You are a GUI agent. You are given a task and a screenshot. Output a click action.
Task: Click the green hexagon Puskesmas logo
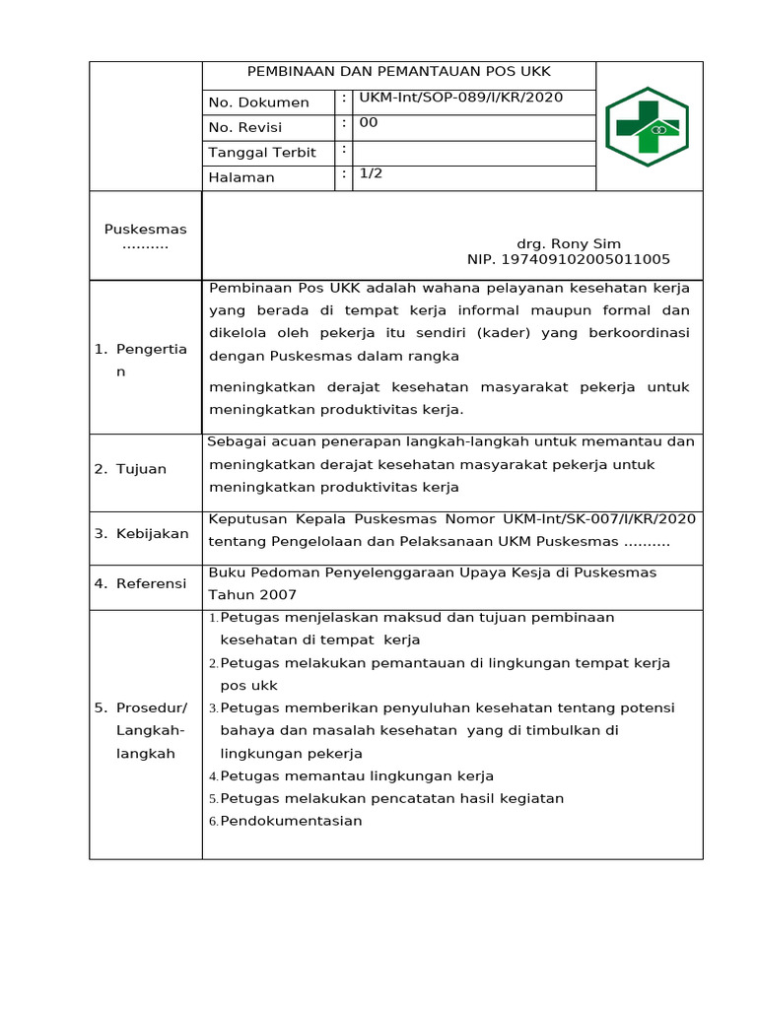tap(647, 127)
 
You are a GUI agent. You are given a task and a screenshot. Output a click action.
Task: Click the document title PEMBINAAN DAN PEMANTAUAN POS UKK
tap(398, 72)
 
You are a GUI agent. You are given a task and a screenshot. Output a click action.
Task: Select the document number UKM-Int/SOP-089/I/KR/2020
tap(460, 98)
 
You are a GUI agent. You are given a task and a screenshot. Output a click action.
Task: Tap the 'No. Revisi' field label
tap(244, 127)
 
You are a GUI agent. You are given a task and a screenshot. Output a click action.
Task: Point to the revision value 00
tap(368, 122)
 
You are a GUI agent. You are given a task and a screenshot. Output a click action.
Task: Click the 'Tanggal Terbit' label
tap(261, 153)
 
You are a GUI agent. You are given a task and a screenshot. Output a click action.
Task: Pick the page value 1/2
tap(371, 172)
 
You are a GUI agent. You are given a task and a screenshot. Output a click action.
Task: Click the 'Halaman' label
tap(241, 177)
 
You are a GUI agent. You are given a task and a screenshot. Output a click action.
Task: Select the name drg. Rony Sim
tap(569, 243)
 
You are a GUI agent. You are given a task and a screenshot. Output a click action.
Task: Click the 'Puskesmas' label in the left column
tap(146, 230)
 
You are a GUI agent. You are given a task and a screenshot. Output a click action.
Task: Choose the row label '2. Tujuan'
tap(131, 469)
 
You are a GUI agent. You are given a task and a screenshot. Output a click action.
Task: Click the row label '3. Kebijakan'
tap(142, 533)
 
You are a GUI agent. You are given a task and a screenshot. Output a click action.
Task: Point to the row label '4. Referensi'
tap(141, 583)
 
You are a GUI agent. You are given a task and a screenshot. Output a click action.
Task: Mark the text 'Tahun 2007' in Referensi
tap(251, 594)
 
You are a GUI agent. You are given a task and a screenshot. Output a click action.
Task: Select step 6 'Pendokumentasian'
tap(291, 821)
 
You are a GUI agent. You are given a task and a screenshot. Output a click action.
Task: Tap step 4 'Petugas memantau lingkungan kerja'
tap(357, 775)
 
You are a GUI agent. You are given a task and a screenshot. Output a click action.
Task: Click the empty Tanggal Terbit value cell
tap(473, 153)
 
